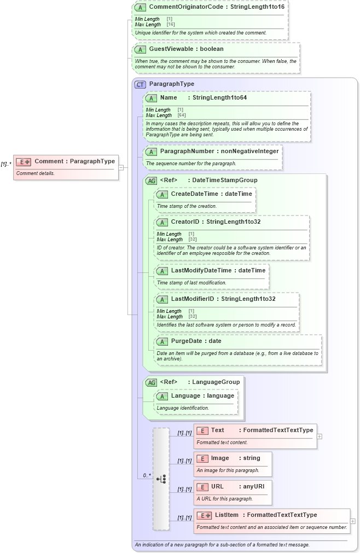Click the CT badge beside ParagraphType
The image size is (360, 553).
coord(140,84)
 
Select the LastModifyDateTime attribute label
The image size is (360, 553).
coord(202,270)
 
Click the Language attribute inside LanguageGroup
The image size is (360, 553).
coord(188,395)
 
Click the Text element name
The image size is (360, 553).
coord(218,430)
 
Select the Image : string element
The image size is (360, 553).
coord(233,458)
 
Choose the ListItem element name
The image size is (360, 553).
coord(227,515)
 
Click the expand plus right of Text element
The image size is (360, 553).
coord(320,436)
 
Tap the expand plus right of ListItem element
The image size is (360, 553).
coord(353,521)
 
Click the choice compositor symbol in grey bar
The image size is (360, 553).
coord(161,479)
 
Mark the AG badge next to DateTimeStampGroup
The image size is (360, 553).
coord(151,181)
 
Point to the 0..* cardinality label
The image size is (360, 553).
coord(147,475)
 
